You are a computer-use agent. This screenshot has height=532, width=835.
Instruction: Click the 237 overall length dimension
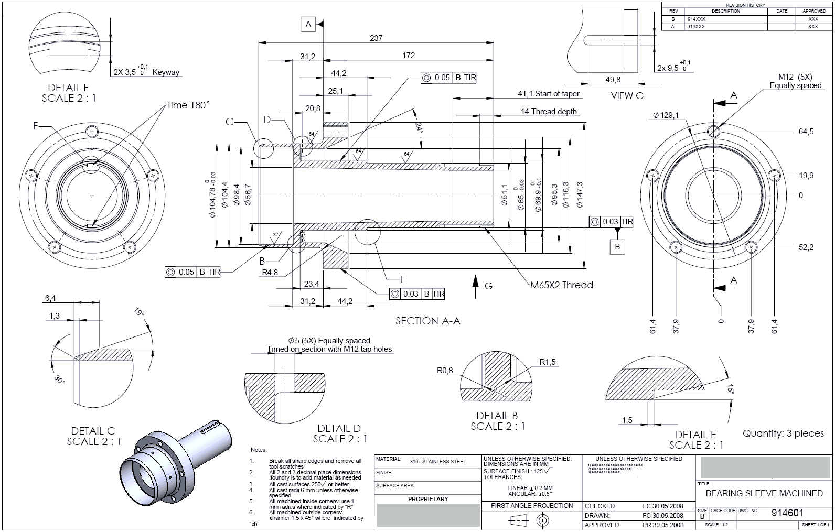(x=376, y=38)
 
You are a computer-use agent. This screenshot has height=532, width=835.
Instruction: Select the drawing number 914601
(x=787, y=512)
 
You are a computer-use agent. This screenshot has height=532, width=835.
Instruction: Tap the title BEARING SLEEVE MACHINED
(x=764, y=493)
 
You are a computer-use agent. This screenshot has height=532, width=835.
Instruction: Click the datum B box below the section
(x=617, y=246)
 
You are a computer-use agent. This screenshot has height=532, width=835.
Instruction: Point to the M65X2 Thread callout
(x=561, y=285)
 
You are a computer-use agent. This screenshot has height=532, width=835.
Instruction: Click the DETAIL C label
(x=93, y=431)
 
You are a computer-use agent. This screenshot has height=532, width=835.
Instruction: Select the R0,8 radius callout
(x=444, y=371)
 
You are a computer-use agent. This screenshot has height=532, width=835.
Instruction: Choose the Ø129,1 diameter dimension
(x=666, y=115)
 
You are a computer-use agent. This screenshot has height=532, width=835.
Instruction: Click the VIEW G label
(x=627, y=96)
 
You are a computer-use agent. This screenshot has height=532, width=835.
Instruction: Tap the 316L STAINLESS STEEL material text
(x=437, y=462)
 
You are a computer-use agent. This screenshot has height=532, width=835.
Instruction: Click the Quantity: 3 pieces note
(x=783, y=433)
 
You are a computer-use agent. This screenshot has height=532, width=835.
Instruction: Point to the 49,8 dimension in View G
(x=613, y=80)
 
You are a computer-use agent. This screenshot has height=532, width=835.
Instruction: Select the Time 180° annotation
(x=188, y=105)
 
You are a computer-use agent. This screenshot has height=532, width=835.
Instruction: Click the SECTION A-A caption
(x=427, y=321)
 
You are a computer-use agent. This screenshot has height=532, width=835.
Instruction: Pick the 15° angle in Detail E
(x=730, y=388)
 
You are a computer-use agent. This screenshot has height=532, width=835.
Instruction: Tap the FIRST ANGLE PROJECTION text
(x=531, y=506)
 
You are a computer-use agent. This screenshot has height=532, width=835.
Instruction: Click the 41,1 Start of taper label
(x=549, y=94)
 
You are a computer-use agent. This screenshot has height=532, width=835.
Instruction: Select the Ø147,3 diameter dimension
(x=580, y=195)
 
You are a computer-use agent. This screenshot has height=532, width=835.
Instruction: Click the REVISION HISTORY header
(x=745, y=5)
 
